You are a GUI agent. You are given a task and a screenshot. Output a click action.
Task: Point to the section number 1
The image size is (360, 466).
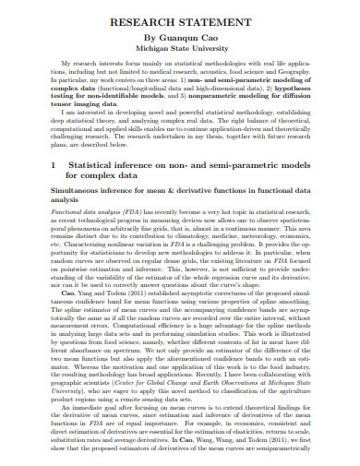(x=53, y=164)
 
